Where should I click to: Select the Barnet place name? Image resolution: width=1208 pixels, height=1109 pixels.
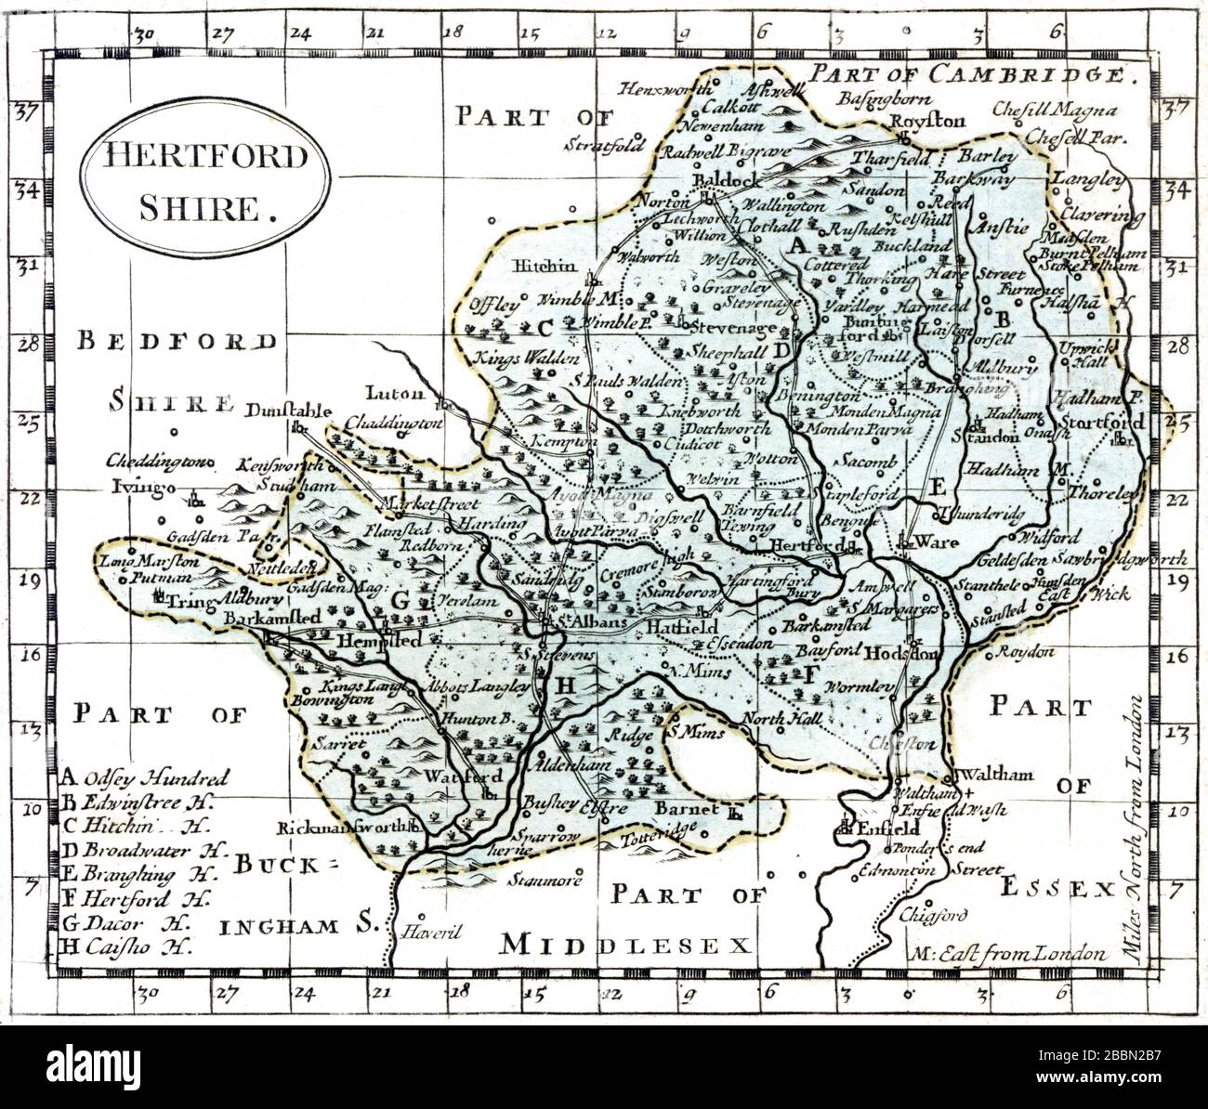point(688,809)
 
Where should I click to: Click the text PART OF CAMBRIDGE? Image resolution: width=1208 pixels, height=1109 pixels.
point(973,74)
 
